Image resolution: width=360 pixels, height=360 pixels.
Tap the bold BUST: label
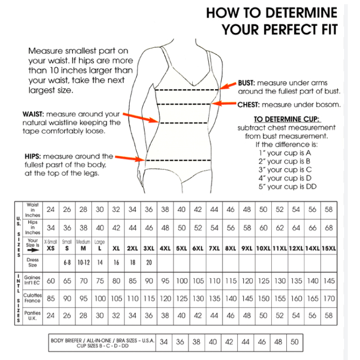[x=246, y=83]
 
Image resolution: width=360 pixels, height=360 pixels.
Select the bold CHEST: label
[x=249, y=105]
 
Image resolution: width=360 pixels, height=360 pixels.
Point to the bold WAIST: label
[x=35, y=114]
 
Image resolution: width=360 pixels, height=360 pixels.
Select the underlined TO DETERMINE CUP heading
[x=286, y=119]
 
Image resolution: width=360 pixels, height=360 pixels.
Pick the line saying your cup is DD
[x=287, y=187]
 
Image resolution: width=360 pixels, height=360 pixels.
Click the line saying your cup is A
[x=286, y=153]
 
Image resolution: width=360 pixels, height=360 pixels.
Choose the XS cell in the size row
[x=50, y=248]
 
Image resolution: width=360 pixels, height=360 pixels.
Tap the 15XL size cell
[x=329, y=248]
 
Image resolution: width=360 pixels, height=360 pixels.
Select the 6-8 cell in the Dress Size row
[x=67, y=262]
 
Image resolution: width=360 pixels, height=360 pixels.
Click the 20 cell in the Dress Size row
[x=149, y=262]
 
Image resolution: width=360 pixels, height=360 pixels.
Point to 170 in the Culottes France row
[x=329, y=298]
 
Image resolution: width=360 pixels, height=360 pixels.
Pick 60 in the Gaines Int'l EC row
[x=50, y=280]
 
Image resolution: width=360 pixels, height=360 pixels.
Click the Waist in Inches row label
[x=33, y=210]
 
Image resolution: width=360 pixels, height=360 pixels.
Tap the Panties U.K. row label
[x=32, y=316]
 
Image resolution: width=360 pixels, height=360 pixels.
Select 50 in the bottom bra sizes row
[x=295, y=342]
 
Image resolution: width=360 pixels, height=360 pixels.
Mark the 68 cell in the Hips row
[x=329, y=228]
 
